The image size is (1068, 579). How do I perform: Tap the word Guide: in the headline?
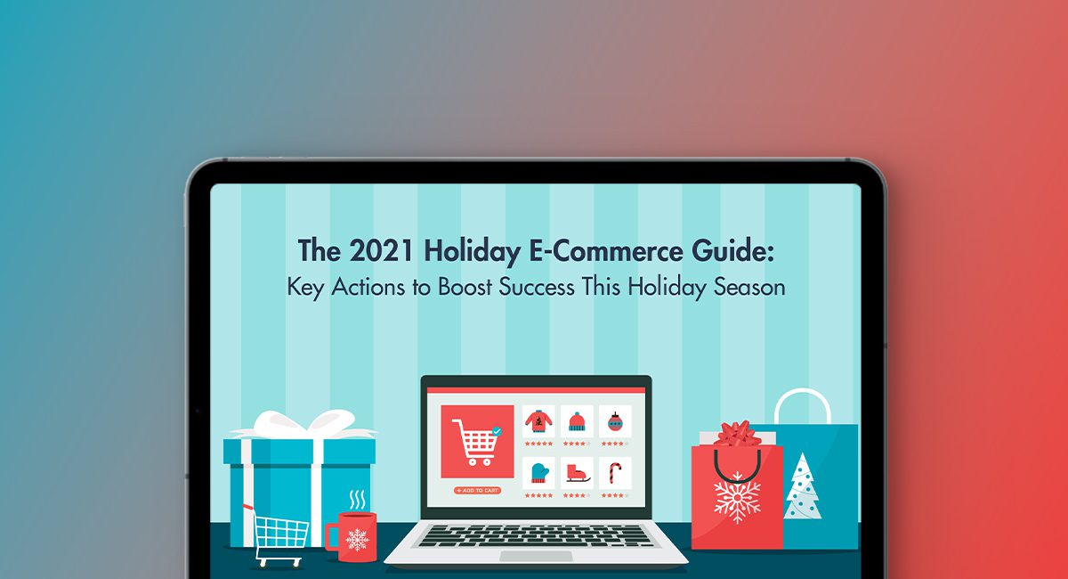click(x=732, y=251)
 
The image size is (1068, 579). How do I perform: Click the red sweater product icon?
click(x=538, y=420)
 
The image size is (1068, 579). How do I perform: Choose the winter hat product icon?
click(x=576, y=420)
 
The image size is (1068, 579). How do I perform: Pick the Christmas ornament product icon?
click(x=615, y=420)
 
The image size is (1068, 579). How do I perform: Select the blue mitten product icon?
click(x=538, y=471)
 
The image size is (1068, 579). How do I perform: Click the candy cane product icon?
click(x=615, y=471)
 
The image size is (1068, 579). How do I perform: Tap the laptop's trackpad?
click(x=536, y=556)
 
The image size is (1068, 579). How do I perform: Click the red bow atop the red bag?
click(x=736, y=434)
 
